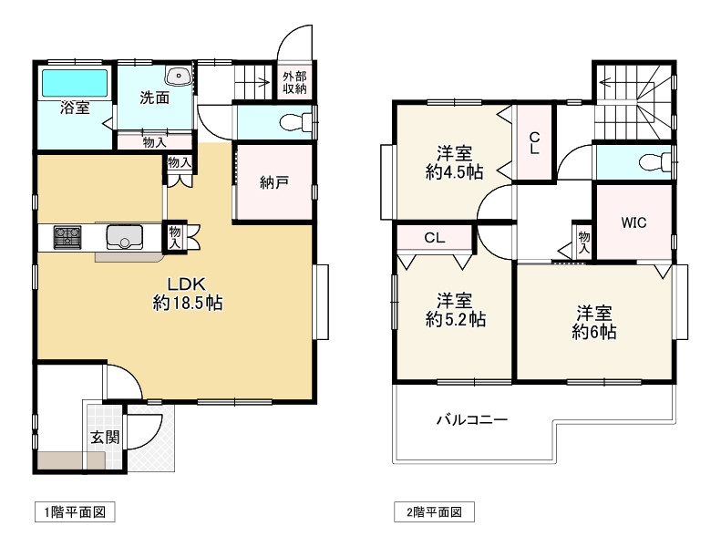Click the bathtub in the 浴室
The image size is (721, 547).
tap(76, 83)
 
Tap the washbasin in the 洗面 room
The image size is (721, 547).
tap(179, 77)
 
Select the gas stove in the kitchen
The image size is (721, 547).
tap(67, 237)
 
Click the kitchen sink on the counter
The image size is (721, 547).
tap(125, 237)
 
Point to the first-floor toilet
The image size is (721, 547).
tap(295, 123)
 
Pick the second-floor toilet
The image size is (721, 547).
tap(655, 162)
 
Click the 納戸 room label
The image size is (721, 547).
tap(274, 182)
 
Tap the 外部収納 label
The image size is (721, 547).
tap(294, 83)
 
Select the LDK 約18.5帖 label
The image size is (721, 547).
tap(188, 294)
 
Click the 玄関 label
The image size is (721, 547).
tap(105, 437)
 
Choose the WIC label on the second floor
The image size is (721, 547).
tap(633, 222)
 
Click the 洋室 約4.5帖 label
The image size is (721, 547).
tap(454, 162)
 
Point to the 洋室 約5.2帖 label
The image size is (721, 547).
tap(455, 310)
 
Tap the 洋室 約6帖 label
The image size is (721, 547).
tap(594, 323)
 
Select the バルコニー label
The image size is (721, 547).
tap(472, 419)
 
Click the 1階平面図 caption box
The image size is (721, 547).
tap(75, 512)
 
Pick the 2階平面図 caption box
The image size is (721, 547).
tap(434, 512)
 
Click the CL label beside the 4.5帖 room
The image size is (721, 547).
tap(534, 142)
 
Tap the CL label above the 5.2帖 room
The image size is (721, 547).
tap(435, 238)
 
